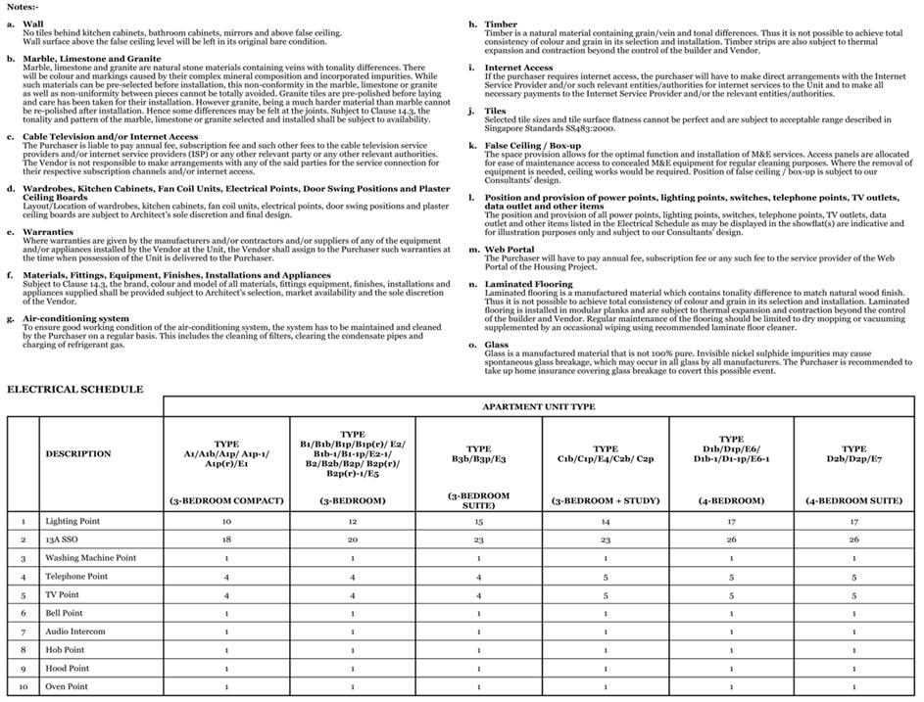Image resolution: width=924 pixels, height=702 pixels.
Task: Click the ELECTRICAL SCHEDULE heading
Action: [75, 389]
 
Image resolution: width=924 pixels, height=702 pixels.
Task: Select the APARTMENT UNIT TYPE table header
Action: [540, 405]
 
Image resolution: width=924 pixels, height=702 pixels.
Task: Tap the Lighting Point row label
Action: [73, 521]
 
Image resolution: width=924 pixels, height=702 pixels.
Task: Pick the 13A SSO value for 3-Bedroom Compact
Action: [226, 539]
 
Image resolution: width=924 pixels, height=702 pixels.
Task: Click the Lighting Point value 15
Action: [479, 521]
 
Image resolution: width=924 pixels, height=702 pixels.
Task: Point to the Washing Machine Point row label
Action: [90, 558]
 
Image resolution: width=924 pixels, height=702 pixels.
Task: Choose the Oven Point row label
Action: [67, 686]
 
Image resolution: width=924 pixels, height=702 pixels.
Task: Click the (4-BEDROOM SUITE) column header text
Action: [854, 500]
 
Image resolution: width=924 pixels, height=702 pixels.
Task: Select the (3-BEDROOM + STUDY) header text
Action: [606, 500]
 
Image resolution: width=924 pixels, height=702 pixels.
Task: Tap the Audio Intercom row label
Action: [74, 632]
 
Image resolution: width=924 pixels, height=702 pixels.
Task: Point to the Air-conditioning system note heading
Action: [75, 318]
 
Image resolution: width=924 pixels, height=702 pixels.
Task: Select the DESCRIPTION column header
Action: [78, 453]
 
